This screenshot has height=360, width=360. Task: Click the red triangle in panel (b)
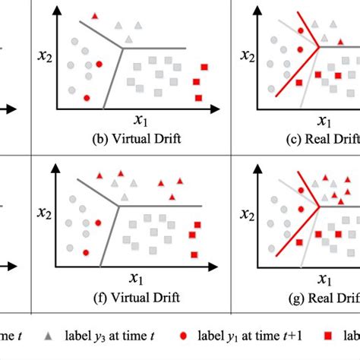pyautogui.click(x=94, y=16)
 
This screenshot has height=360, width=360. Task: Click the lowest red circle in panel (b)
pyautogui.click(x=86, y=99)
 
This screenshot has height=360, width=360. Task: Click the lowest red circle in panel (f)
pyautogui.click(x=87, y=252)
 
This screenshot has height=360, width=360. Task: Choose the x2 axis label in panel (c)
pyautogui.click(x=246, y=55)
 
